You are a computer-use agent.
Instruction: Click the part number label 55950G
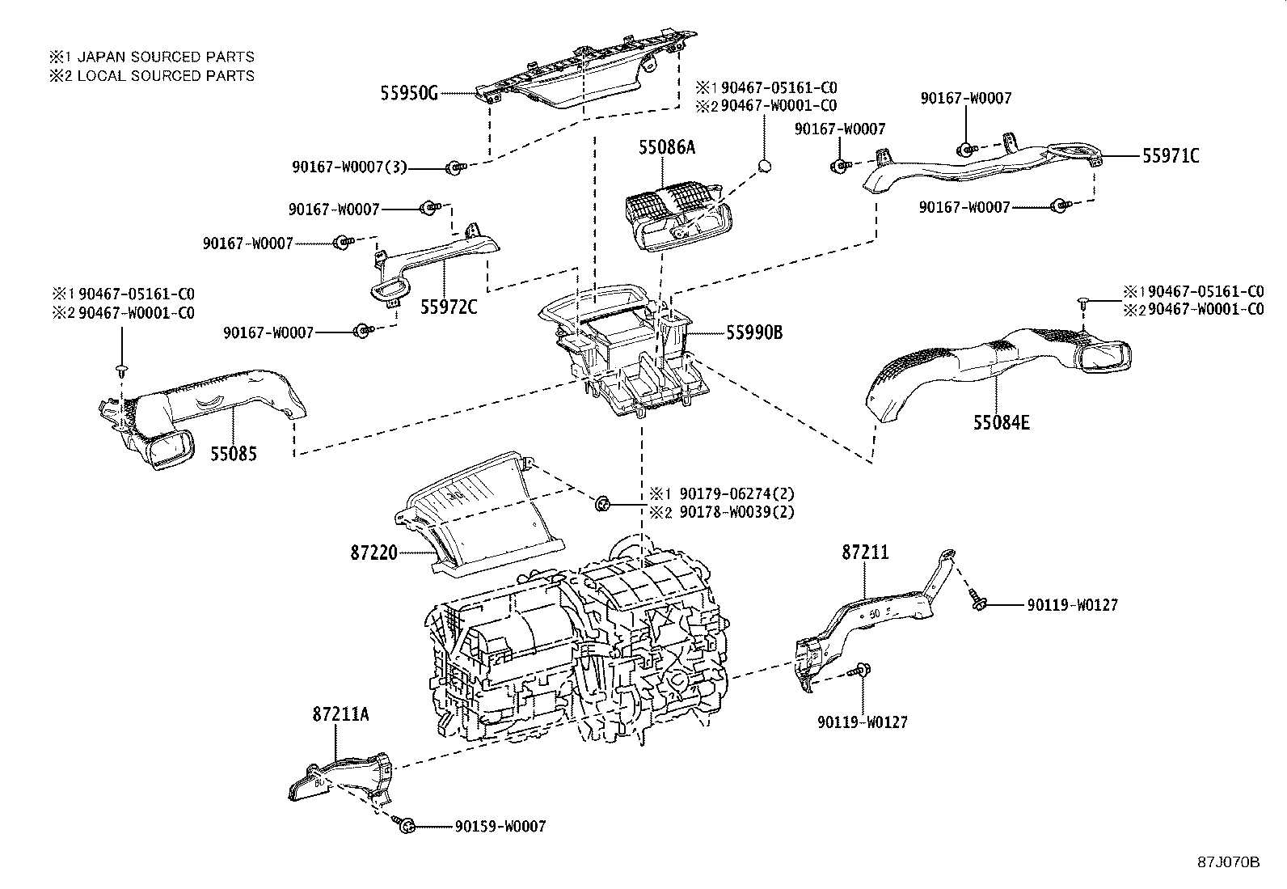409,93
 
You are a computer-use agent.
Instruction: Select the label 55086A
666,147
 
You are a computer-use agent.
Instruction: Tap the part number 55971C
1171,156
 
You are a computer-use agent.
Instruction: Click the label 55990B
753,332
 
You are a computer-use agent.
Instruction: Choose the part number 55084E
1001,422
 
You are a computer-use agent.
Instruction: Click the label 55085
233,455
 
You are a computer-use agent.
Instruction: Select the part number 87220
373,552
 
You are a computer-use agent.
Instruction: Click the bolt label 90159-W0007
500,826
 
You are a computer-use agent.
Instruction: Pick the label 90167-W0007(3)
349,167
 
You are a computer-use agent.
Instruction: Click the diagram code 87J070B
1229,861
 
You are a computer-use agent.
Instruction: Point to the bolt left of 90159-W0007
407,825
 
